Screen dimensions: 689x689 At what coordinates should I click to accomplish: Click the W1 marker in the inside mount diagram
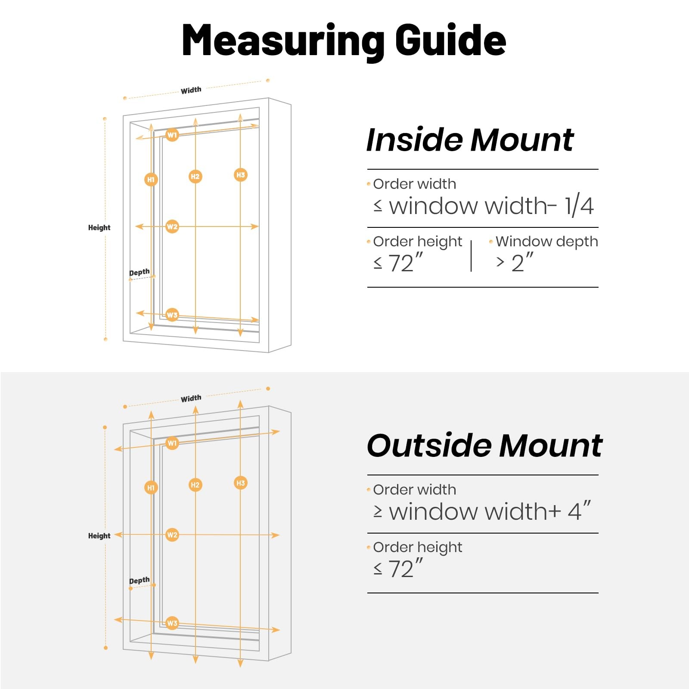172,135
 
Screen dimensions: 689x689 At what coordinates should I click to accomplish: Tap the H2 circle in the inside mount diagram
195,176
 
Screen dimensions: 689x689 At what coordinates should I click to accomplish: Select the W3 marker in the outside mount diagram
172,623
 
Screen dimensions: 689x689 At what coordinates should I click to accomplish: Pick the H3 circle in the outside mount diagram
240,483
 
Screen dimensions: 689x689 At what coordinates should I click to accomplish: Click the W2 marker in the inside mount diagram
172,227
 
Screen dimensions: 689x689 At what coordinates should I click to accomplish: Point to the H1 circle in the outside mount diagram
151,487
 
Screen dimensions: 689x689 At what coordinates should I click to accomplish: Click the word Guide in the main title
450,40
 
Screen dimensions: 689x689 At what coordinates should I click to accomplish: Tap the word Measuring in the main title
283,40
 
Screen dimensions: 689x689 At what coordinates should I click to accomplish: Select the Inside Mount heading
470,140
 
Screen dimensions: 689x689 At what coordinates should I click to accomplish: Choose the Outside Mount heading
485,445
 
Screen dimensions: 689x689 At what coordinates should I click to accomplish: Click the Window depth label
546,242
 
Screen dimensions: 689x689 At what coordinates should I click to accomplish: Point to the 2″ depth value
522,263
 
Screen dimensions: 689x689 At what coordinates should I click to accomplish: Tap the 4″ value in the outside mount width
579,511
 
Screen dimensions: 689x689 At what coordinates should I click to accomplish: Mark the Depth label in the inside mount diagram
140,272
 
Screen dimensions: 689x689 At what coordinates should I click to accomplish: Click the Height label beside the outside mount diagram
99,536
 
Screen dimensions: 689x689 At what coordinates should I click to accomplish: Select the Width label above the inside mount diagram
191,90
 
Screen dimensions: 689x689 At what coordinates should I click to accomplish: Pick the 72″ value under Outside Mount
406,568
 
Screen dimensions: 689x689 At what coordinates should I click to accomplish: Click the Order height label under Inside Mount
418,242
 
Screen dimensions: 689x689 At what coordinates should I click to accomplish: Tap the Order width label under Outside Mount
415,490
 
